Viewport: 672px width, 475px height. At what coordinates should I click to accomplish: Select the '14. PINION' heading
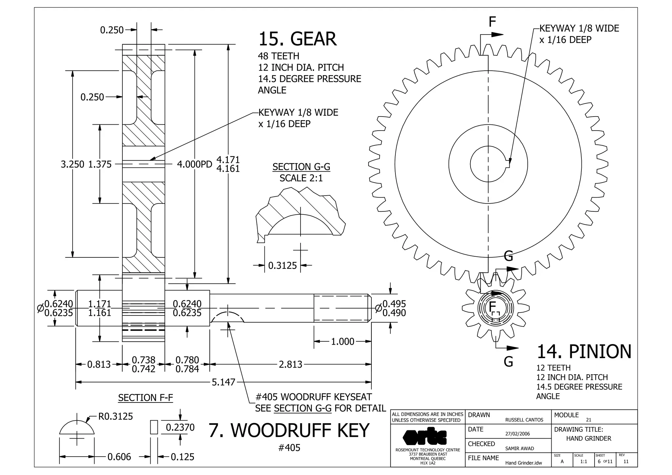pos(584,352)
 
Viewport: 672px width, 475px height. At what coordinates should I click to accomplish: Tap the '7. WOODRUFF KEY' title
pos(289,430)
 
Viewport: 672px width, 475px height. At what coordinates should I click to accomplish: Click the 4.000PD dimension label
pos(195,164)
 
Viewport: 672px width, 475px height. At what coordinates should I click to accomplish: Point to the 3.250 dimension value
pos(73,164)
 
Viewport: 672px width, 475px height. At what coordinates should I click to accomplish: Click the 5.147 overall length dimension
pos(223,382)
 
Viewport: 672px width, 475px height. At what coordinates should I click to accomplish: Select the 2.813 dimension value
pos(290,364)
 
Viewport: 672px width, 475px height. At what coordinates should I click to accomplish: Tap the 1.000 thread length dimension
pos(343,341)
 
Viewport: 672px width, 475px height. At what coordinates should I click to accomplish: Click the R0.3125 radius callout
pos(115,417)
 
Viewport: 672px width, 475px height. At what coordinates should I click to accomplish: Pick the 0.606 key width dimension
pos(119,457)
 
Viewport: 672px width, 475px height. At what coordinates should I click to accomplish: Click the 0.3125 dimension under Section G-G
pos(282,265)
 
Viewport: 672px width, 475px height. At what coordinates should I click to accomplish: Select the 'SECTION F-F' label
pos(145,398)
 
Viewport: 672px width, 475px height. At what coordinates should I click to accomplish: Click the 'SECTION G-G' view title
pos(301,167)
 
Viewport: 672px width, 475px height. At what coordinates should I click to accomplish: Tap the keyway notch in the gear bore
pos(508,163)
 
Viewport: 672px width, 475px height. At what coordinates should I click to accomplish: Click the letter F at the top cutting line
pos(492,22)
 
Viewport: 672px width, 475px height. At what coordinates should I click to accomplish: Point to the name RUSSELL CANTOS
pos(524,420)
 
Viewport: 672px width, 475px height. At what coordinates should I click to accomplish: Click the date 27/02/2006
pos(517,434)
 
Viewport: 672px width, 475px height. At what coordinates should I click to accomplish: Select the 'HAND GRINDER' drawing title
pos(589,439)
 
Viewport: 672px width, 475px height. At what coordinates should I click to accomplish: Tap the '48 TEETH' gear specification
pos(279,56)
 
